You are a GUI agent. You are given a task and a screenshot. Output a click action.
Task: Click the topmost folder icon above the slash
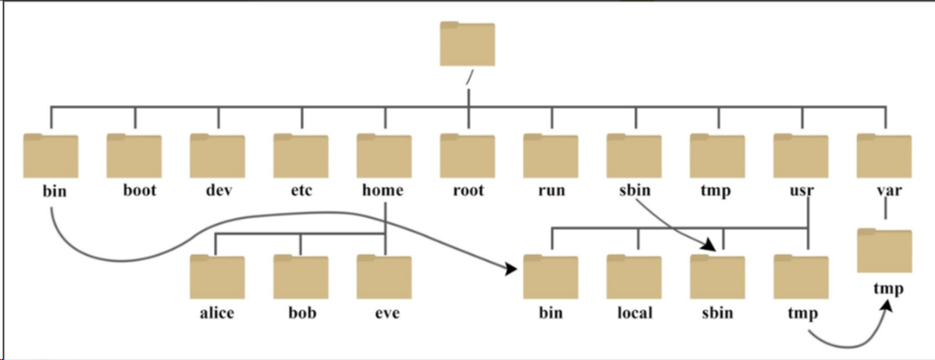[x=467, y=44]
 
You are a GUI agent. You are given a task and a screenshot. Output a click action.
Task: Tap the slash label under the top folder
[x=470, y=78]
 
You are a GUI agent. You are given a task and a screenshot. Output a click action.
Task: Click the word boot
[x=140, y=190]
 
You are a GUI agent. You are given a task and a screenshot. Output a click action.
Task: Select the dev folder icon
[x=217, y=156]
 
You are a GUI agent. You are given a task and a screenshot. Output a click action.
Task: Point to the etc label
[x=301, y=191]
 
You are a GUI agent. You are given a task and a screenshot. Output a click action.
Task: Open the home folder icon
[x=384, y=156]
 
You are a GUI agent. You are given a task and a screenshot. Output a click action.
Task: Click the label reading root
[x=468, y=191]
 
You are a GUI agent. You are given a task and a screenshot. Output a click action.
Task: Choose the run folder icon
[x=551, y=156]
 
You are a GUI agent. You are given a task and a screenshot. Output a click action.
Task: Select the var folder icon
[x=884, y=156]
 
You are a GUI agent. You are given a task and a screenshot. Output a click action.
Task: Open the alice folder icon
[x=217, y=277]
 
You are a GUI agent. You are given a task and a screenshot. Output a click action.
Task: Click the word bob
[x=301, y=312]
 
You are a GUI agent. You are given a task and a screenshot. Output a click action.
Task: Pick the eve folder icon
[x=384, y=277]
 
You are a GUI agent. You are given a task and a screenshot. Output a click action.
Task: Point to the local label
[x=635, y=312]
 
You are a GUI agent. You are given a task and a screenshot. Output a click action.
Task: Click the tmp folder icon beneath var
[x=885, y=251]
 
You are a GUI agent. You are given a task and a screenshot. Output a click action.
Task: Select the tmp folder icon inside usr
[x=800, y=277]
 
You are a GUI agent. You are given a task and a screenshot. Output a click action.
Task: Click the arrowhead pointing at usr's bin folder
[x=511, y=269]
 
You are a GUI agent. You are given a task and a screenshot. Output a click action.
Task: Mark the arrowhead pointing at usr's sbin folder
[x=709, y=244]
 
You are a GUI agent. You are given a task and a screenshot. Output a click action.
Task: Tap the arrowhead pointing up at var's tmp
[x=887, y=306]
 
